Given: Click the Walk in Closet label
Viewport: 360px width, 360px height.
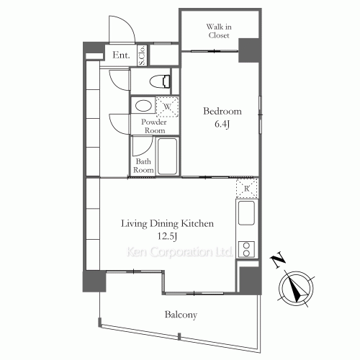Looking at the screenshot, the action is [x=219, y=31].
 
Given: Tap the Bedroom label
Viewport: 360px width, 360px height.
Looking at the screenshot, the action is [x=222, y=111].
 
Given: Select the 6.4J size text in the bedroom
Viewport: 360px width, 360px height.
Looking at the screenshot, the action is [x=222, y=124].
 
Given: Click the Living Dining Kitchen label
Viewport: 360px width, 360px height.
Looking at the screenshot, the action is [x=167, y=223].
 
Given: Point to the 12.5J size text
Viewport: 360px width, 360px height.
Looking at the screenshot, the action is [x=167, y=236].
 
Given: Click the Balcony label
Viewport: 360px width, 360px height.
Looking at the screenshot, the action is [x=181, y=315].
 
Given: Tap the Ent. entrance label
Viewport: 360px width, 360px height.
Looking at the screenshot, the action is [x=121, y=55].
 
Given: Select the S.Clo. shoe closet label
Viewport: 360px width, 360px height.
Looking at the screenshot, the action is [x=142, y=55].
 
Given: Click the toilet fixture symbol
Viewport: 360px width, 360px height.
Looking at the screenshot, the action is [x=160, y=81].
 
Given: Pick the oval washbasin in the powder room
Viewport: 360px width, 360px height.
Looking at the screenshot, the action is [x=143, y=106].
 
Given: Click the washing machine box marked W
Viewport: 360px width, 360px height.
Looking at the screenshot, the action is [x=167, y=107].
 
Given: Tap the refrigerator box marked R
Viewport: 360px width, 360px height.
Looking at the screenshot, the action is [x=247, y=189].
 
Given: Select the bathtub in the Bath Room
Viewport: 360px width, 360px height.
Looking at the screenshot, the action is [x=168, y=156].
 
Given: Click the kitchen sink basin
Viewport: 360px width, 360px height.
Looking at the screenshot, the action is [x=246, y=213].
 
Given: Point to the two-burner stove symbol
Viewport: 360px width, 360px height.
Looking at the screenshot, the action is [x=246, y=249].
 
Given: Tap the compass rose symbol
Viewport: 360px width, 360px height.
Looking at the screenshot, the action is [x=296, y=288].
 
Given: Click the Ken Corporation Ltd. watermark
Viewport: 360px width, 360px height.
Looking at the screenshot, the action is [x=179, y=252].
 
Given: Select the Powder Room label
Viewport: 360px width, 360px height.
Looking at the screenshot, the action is [x=153, y=126].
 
